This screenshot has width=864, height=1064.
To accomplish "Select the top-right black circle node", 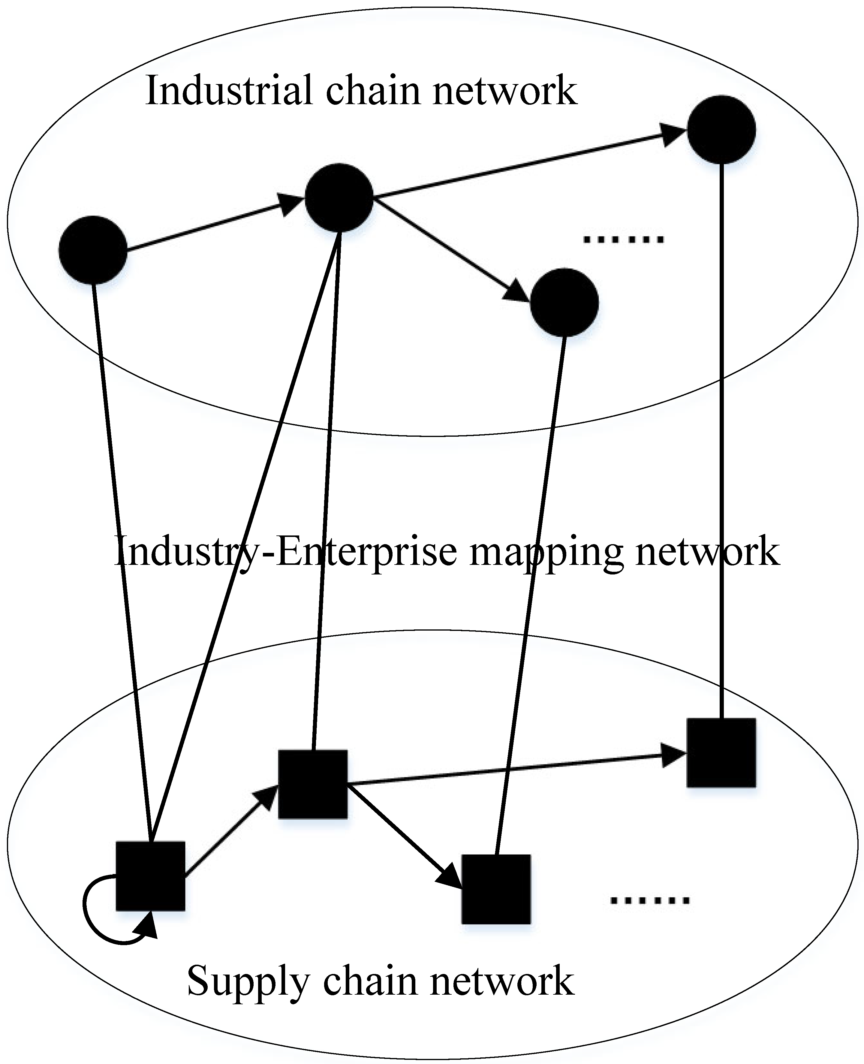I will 721,129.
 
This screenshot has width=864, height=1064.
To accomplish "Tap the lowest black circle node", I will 564,302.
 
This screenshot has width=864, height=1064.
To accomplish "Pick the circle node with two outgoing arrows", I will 339,197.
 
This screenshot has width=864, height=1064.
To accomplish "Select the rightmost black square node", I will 721,752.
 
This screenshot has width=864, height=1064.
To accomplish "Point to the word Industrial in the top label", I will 229,91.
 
